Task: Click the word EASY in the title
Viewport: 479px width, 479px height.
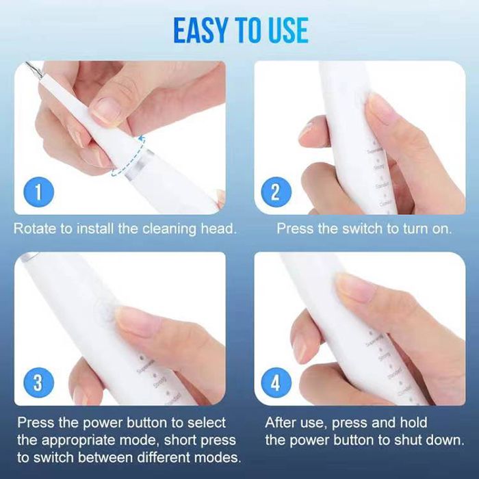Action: pos(198,30)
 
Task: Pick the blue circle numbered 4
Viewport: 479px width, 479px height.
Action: pos(276,383)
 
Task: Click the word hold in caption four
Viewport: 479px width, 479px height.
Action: pos(413,423)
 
